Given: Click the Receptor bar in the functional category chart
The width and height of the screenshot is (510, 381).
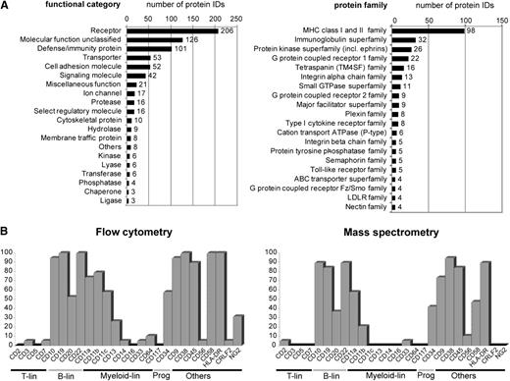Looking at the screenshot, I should pos(171,30).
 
